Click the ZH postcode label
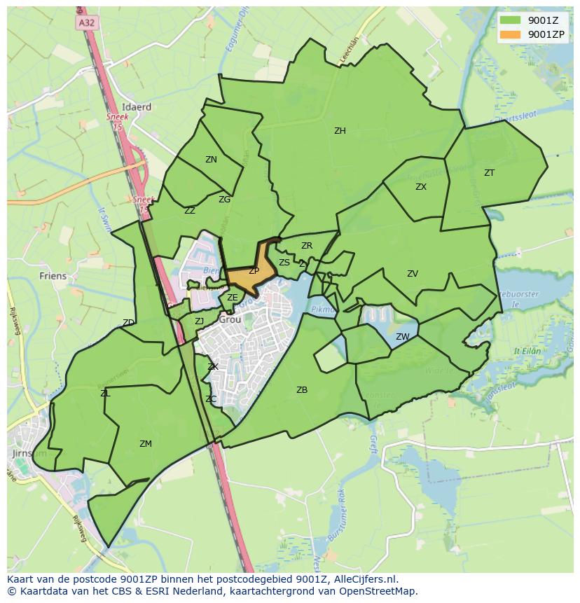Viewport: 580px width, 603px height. pyautogui.click(x=340, y=131)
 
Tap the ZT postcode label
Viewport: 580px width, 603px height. pyautogui.click(x=489, y=173)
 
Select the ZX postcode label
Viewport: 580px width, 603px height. pyautogui.click(x=421, y=187)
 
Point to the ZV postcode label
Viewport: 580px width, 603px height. pyautogui.click(x=413, y=274)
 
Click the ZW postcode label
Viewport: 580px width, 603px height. pyautogui.click(x=402, y=337)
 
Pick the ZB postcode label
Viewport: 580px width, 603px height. pyautogui.click(x=302, y=390)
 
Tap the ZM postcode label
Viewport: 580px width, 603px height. pyautogui.click(x=146, y=444)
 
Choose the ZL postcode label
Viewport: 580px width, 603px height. pyautogui.click(x=105, y=394)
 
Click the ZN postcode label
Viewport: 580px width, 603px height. pyautogui.click(x=211, y=160)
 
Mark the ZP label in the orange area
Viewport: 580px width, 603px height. pyautogui.click(x=254, y=271)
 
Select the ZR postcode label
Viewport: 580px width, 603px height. pyautogui.click(x=307, y=246)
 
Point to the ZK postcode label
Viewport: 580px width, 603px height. pyautogui.click(x=213, y=367)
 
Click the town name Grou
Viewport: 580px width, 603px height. pyautogui.click(x=230, y=319)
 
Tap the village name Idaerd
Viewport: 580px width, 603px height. pyautogui.click(x=137, y=107)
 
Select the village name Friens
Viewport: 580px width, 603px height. pyautogui.click(x=53, y=276)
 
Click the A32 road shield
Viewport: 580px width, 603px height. pyautogui.click(x=87, y=22)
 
